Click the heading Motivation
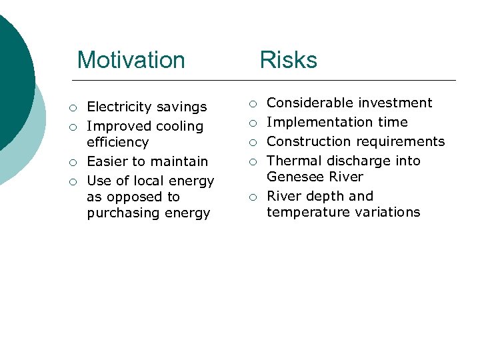(x=131, y=60)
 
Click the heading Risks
(x=288, y=60)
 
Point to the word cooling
(x=177, y=126)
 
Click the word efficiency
(x=117, y=142)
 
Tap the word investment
(x=393, y=103)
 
